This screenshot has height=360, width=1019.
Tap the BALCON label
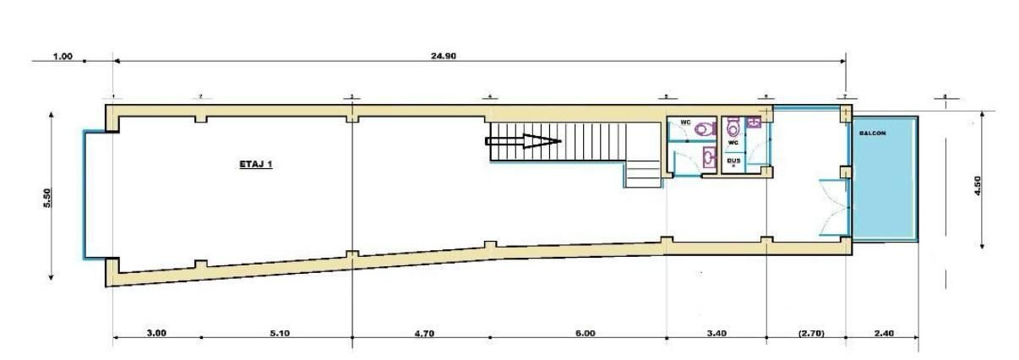click(x=872, y=134)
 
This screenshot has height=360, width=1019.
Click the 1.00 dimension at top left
click(x=63, y=57)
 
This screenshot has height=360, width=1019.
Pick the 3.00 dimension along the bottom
click(x=156, y=332)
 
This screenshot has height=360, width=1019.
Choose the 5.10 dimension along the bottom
click(x=279, y=333)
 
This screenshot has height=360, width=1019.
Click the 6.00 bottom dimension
click(x=585, y=333)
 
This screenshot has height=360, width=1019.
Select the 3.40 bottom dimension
click(x=717, y=333)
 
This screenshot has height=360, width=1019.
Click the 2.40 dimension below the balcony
click(x=883, y=333)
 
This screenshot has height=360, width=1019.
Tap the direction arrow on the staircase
click(x=524, y=142)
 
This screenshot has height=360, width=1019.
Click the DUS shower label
click(x=733, y=160)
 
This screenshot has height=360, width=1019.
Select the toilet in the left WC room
click(x=704, y=129)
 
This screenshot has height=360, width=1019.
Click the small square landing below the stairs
click(x=641, y=175)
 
